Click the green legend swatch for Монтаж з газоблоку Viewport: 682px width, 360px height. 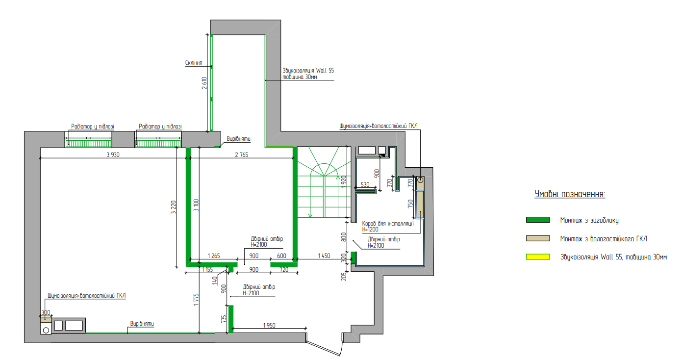coord(538,220)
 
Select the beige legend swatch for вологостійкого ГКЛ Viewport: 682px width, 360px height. coord(538,238)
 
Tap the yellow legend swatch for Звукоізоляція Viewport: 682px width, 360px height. coord(538,257)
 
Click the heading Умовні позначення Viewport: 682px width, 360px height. coord(570,194)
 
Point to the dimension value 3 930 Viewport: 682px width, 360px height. coord(113,154)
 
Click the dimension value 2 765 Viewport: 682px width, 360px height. coord(241,154)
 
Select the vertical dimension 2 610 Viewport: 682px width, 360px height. coord(204,83)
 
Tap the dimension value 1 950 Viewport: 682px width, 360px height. coord(269,326)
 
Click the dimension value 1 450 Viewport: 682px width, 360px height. coord(324,256)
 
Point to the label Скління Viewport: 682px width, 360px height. coord(194,63)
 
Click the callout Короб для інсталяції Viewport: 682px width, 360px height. coord(388,224)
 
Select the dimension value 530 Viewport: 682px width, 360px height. coord(365,184)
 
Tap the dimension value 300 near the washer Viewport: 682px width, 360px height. coord(46,312)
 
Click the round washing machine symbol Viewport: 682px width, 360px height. coord(46,330)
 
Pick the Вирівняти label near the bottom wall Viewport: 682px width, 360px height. coord(142,324)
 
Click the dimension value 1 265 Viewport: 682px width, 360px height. coord(214,256)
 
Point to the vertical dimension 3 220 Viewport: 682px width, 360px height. coord(173,207)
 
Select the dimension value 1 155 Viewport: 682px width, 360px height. coord(207,270)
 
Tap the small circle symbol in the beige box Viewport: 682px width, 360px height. coord(420,180)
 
